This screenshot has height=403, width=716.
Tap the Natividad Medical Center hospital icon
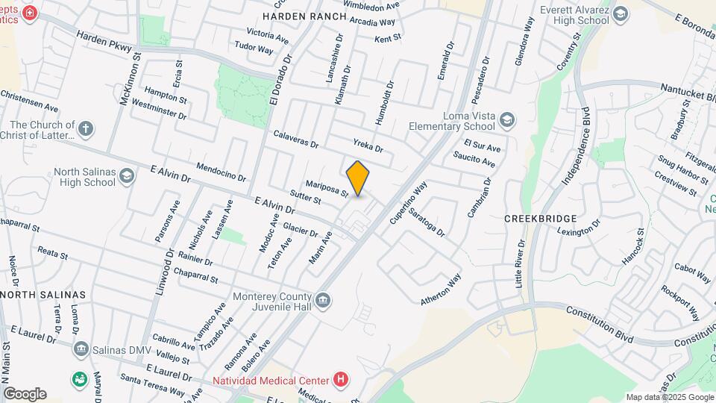click(x=341, y=380)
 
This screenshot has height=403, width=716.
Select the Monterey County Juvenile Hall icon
click(x=323, y=301)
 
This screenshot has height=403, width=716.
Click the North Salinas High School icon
click(x=126, y=176)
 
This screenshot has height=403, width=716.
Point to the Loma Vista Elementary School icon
click(x=506, y=119)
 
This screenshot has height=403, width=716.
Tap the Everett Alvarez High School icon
click(x=620, y=13)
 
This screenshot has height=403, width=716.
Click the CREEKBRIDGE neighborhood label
click(x=541, y=219)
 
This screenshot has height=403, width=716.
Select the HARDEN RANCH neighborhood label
click(x=304, y=16)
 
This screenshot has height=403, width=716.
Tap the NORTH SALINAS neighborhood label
click(x=43, y=295)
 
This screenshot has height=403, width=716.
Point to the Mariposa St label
click(x=327, y=187)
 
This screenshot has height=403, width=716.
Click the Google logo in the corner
click(x=25, y=394)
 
